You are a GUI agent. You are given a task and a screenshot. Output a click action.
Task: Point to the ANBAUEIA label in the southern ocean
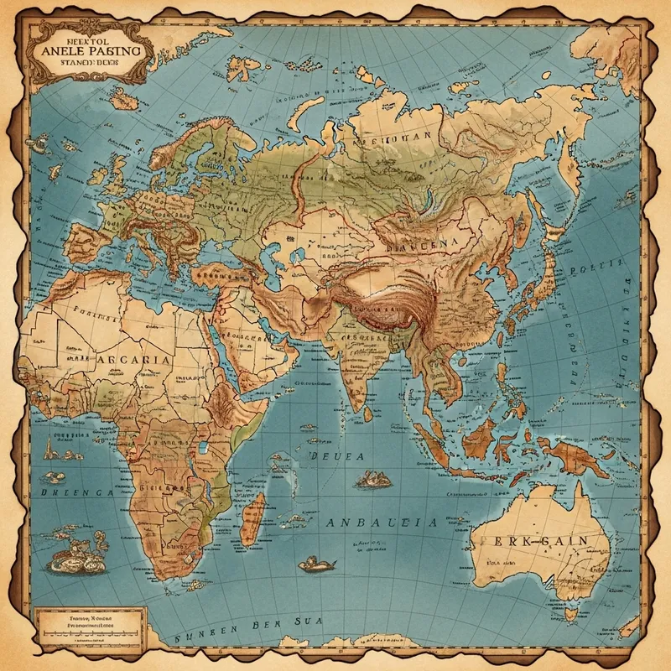click(x=381, y=522)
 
